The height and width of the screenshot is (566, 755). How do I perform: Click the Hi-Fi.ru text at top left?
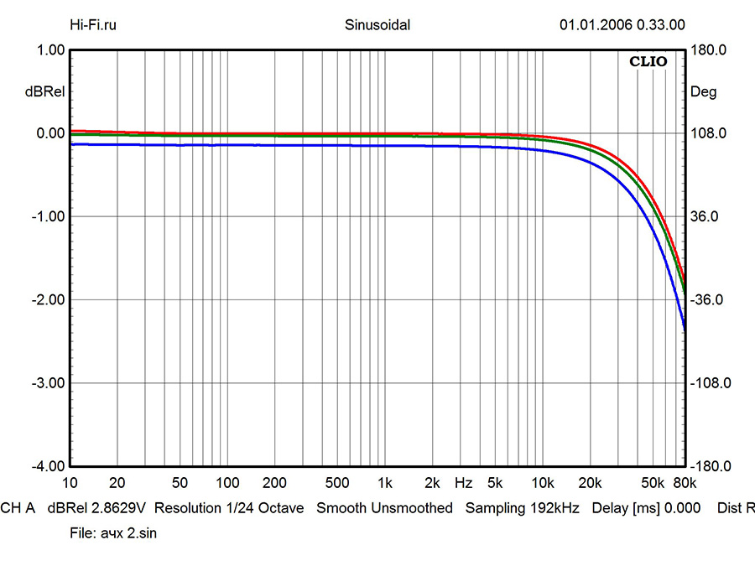click(x=92, y=25)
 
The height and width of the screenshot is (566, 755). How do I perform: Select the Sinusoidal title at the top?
click(x=377, y=25)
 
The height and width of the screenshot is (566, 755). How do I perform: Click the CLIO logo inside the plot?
click(x=648, y=61)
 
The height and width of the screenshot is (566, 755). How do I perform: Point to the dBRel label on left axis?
click(x=42, y=92)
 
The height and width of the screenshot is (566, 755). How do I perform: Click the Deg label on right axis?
click(x=703, y=92)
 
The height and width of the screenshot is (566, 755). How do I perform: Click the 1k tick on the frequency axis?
click(x=385, y=484)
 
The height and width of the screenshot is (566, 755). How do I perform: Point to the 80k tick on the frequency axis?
click(x=685, y=484)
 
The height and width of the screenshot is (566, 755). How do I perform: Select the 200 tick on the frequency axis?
click(x=275, y=484)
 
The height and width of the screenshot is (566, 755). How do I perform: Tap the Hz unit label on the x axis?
click(x=463, y=484)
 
